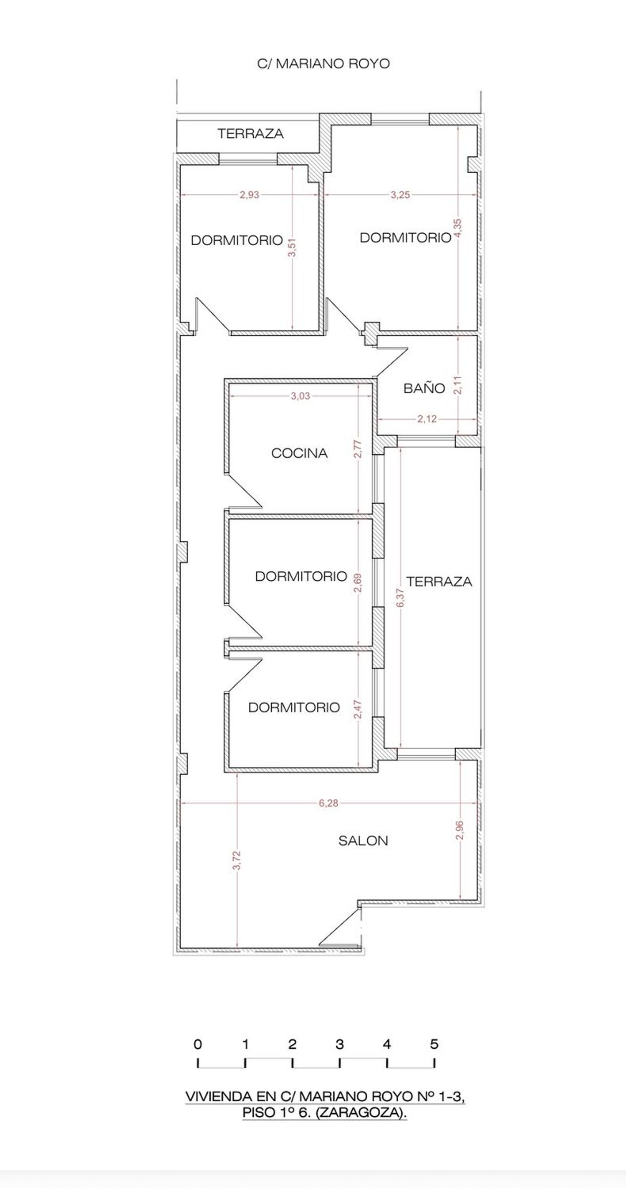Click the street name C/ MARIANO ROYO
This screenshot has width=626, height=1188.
(x=323, y=64)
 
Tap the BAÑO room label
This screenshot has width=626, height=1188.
(x=424, y=388)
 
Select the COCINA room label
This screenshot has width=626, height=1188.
(x=299, y=453)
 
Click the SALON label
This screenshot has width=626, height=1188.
(x=363, y=841)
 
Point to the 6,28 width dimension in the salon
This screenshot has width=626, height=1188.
(x=328, y=803)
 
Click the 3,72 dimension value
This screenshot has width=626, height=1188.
(x=237, y=860)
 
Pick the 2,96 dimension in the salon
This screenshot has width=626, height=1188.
(x=459, y=830)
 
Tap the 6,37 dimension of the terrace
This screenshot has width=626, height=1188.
(x=400, y=598)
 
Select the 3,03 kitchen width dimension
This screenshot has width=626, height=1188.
(x=300, y=396)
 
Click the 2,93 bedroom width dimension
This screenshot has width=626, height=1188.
(x=249, y=195)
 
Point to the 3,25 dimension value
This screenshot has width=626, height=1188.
(x=400, y=195)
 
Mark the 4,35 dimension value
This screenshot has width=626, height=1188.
(x=458, y=228)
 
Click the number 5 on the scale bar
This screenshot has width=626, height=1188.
(x=434, y=1044)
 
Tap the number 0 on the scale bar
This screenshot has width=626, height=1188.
(x=198, y=1044)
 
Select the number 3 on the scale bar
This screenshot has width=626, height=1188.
(x=340, y=1044)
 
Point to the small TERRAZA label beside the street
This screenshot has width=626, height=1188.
(x=250, y=134)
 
